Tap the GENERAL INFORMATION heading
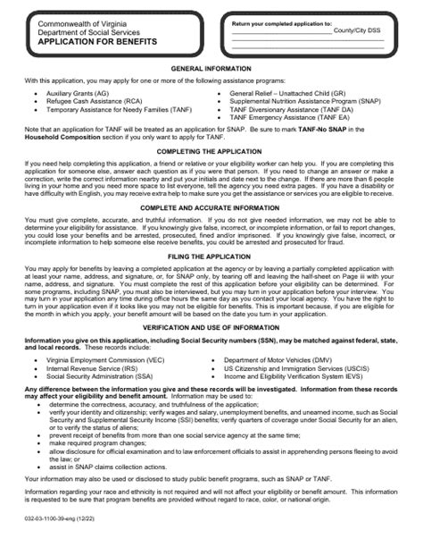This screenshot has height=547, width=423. (x=211, y=68)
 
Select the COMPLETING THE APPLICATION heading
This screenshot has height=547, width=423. (x=211, y=153)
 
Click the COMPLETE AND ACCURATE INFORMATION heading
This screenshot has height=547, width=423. (x=211, y=207)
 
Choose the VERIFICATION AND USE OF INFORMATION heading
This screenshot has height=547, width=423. (x=211, y=326)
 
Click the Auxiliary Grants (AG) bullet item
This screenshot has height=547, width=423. (x=78, y=92)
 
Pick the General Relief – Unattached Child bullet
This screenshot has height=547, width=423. (x=288, y=92)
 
